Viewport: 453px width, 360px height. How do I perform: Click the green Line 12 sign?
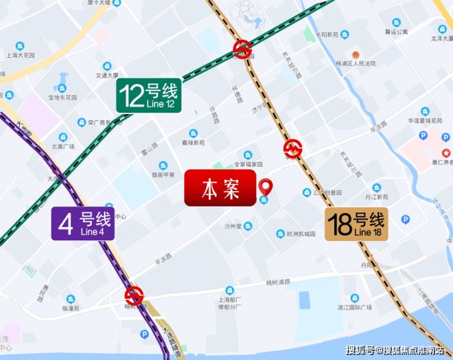click(148, 95)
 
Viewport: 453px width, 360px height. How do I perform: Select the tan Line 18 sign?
click(356, 225)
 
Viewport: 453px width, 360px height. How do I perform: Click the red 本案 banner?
click(219, 189)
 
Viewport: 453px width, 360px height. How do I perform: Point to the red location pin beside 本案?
click(265, 185)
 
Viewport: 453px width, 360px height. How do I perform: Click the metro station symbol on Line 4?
click(134, 296)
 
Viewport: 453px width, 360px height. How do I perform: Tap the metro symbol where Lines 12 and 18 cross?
click(242, 48)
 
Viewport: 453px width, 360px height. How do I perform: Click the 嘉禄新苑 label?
click(194, 143)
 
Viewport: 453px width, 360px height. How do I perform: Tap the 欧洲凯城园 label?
click(299, 234)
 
